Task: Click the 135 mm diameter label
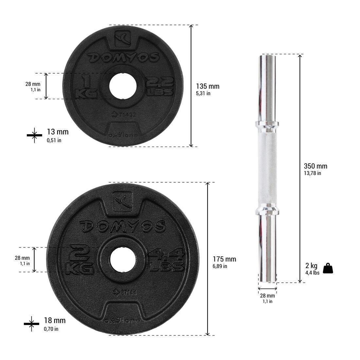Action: pyautogui.click(x=207, y=86)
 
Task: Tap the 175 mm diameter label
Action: pyautogui.click(x=224, y=259)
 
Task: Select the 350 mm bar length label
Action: pyautogui.click(x=315, y=166)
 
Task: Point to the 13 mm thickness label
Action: pyautogui.click(x=58, y=132)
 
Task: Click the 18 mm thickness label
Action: pyautogui.click(x=55, y=320)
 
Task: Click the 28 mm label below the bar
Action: pyautogui.click(x=267, y=296)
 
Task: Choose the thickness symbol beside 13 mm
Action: pyautogui.click(x=34, y=135)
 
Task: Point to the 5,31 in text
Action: pyautogui.click(x=203, y=94)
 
